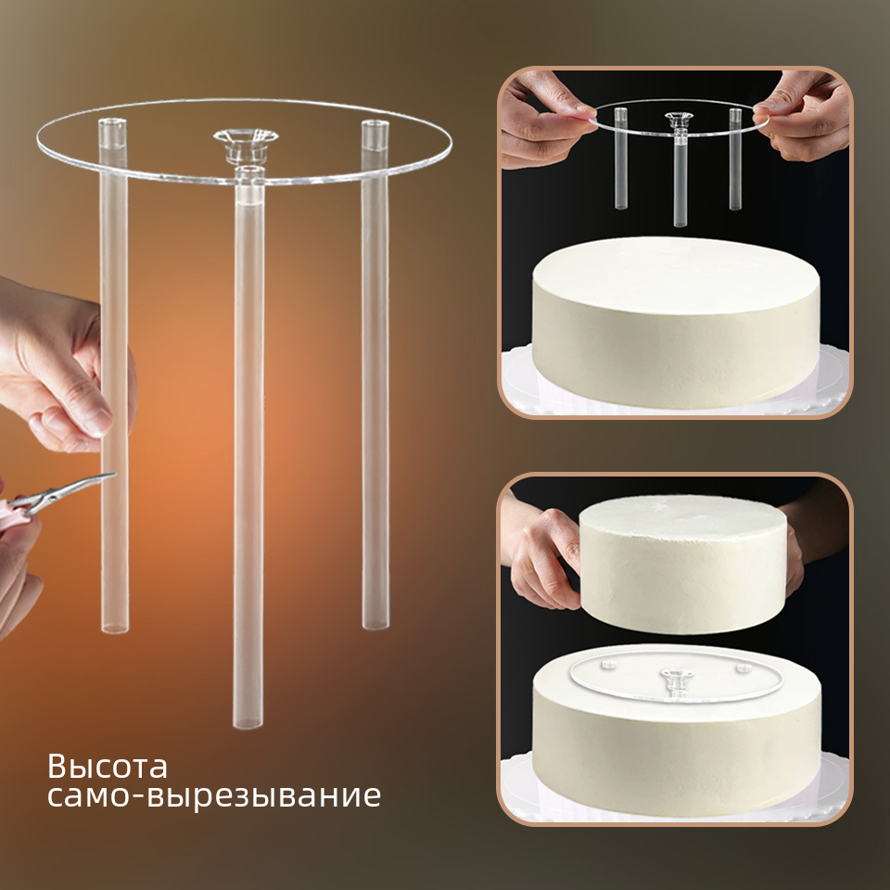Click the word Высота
tap(108, 767)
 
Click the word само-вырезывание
tap(213, 796)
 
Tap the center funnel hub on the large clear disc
tap(246, 145)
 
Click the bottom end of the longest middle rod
tap(248, 722)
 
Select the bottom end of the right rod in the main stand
tap(375, 624)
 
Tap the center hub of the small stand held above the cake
tap(679, 120)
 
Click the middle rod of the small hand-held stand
tap(680, 179)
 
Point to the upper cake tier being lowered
tap(683, 564)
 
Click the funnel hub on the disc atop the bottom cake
tap(678, 678)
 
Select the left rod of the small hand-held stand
tap(621, 158)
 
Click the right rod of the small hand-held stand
tap(735, 159)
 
